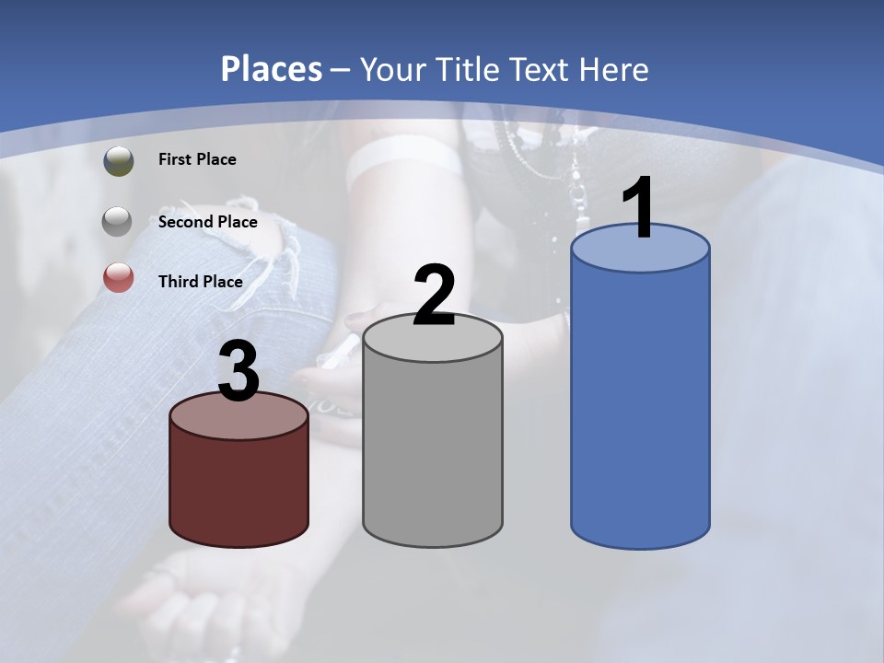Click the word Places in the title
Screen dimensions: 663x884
click(x=272, y=69)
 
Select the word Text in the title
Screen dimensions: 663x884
click(x=544, y=69)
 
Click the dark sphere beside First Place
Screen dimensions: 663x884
click(x=118, y=160)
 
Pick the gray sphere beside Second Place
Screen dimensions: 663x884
click(x=118, y=221)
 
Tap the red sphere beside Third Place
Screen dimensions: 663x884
click(x=118, y=277)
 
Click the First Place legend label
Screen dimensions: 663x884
click(x=197, y=159)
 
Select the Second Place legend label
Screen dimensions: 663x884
click(x=207, y=221)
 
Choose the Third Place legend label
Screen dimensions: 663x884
click(x=200, y=282)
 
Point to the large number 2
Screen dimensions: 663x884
click(x=434, y=296)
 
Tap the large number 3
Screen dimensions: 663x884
click(x=238, y=373)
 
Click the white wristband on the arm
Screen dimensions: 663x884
click(x=405, y=158)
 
